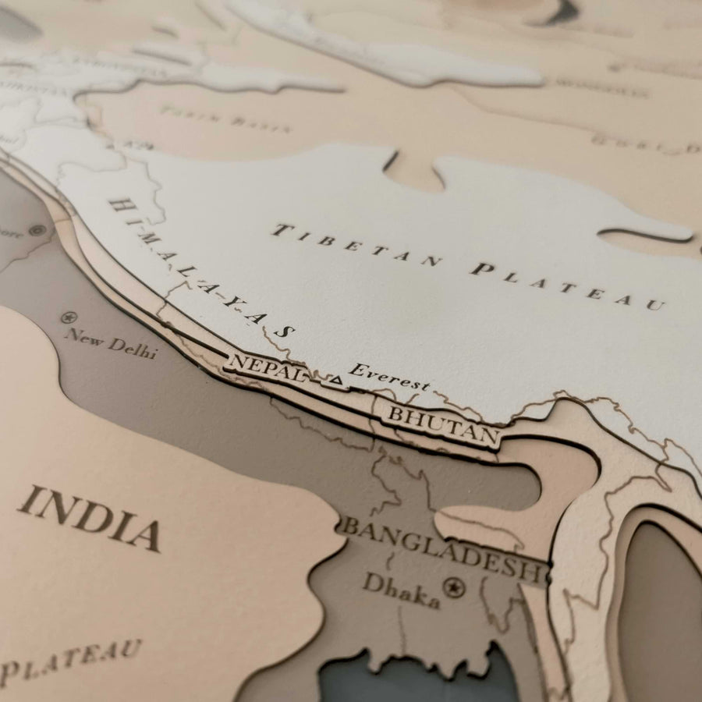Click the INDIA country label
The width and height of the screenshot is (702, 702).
(x=88, y=518)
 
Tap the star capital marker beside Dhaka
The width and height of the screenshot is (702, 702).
(x=453, y=587)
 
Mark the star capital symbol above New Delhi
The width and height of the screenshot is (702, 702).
(x=69, y=317)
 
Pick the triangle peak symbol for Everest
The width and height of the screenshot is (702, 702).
(x=336, y=380)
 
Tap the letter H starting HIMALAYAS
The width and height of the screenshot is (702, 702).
(x=119, y=205)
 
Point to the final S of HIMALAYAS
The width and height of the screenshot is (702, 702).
(x=285, y=331)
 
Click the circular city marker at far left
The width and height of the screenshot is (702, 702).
(x=36, y=230)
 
